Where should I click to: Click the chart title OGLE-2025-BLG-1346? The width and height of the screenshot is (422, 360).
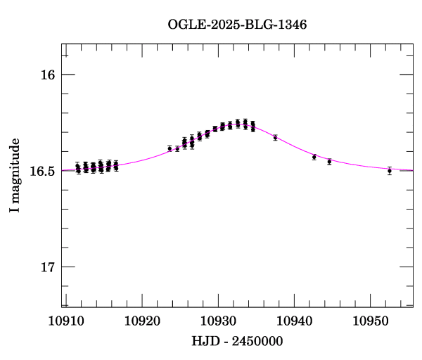[x=237, y=25]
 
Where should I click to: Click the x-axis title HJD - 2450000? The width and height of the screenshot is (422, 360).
[x=237, y=341]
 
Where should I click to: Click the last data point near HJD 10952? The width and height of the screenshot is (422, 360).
[x=389, y=171]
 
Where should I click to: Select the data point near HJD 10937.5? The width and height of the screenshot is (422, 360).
[x=275, y=137]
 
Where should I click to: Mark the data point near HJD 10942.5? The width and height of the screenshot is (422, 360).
[x=314, y=157]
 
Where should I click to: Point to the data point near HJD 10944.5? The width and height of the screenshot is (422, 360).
[x=329, y=162]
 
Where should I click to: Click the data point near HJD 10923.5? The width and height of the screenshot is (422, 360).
[x=170, y=148]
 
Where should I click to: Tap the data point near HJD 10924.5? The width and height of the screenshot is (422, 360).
[x=177, y=149]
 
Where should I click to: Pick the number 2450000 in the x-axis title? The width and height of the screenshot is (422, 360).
[x=255, y=341]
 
